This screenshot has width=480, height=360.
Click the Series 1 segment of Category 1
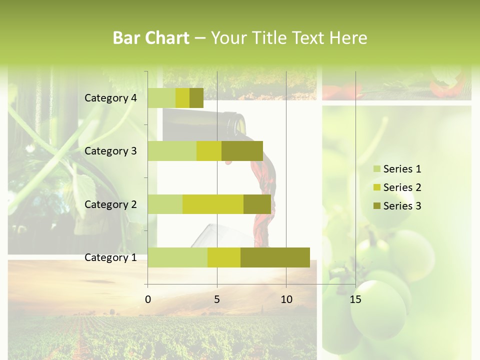point(177,257)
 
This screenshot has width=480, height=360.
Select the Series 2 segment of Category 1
point(224,257)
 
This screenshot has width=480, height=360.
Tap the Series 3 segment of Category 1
point(275,257)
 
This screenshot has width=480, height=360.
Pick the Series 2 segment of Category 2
point(213,204)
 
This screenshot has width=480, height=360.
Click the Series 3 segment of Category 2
point(257,204)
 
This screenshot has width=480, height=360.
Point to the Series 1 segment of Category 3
point(172,151)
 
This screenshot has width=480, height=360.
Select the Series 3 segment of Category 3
point(242,151)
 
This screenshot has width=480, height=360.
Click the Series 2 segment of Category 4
point(182,98)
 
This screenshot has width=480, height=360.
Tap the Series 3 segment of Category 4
point(196,98)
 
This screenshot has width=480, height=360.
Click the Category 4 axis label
point(110,98)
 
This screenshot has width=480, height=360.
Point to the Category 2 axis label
point(110,204)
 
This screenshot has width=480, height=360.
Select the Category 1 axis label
point(110,257)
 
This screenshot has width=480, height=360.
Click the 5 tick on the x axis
point(217,299)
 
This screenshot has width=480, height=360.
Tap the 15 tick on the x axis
point(355,299)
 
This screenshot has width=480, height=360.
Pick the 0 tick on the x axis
point(148,299)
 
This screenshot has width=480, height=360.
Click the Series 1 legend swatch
point(376,169)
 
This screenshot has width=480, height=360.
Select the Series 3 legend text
point(402,206)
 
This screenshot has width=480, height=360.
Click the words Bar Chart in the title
point(151,38)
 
